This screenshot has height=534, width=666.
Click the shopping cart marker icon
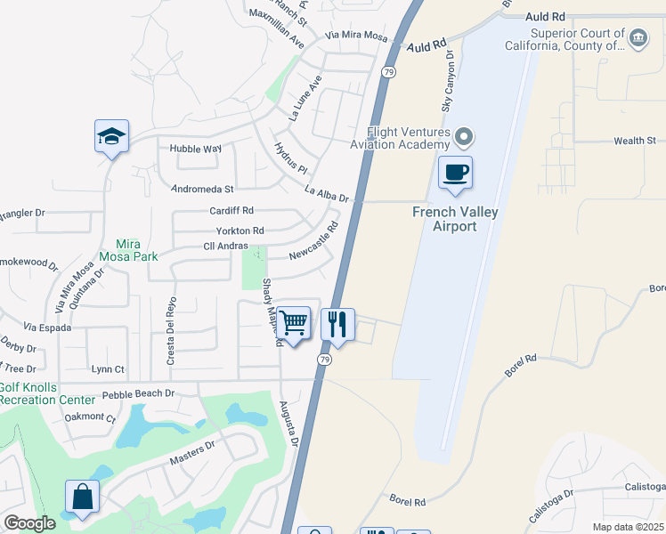294,323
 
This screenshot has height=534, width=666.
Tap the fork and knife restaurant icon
337,323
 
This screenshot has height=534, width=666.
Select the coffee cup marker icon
456,172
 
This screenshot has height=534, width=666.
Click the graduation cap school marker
111,136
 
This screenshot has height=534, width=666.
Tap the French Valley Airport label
455,218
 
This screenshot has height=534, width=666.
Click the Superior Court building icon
638,38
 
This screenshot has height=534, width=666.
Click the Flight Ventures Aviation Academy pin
462,137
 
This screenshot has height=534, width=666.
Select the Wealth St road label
634,141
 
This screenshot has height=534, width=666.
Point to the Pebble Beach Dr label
137,392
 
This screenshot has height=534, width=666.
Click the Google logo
29,523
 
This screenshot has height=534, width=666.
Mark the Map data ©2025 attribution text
629,527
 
